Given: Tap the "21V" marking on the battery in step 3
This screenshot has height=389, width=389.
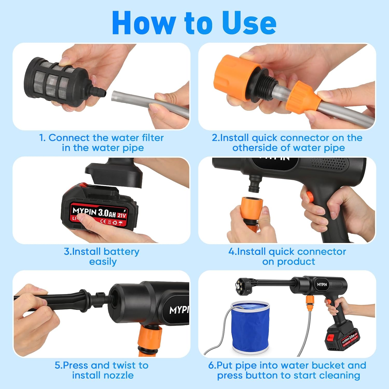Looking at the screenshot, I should point(122,215).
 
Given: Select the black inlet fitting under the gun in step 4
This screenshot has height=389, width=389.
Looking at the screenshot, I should point(254,184).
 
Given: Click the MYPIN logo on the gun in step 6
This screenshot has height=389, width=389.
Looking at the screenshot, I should point(322,284).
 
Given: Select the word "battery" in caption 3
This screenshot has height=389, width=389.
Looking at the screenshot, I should point(121,252).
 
